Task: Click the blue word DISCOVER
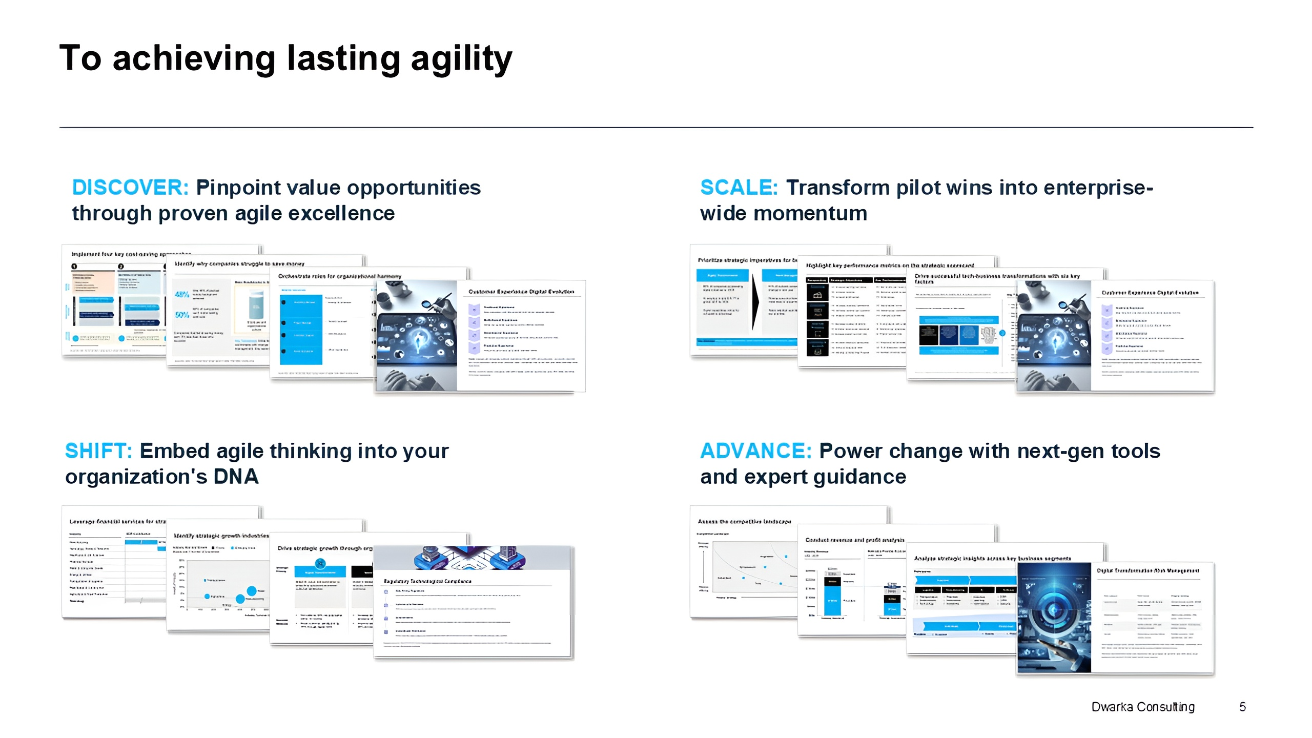point(130,188)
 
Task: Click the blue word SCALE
point(739,188)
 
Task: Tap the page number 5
point(1242,707)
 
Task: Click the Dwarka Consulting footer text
point(1143,707)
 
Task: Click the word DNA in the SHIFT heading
point(236,477)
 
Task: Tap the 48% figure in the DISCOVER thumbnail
point(182,295)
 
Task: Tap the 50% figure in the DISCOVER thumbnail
point(182,315)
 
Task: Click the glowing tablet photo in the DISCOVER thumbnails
point(416,336)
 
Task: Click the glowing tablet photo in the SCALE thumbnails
point(1054,336)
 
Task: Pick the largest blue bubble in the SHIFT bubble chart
point(252,591)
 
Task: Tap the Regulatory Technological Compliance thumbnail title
point(427,581)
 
